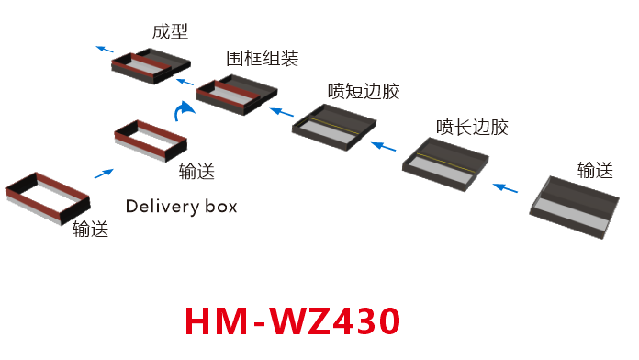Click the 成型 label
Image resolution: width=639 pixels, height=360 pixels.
pos(170,32)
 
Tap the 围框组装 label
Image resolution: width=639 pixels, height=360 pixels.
pos(262,59)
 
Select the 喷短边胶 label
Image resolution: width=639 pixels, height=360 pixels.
pos(364,92)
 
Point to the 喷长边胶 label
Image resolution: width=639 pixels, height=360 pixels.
pos(472,127)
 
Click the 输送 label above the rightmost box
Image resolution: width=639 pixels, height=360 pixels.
pos(595,170)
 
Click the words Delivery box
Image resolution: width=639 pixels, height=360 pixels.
pos(181,206)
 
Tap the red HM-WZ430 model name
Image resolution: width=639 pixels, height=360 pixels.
pos(293,321)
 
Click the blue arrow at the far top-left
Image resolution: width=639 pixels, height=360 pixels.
pos(106,48)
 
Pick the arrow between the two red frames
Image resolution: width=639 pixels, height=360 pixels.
pos(104,172)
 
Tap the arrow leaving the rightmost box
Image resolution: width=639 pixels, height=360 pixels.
pos(504,187)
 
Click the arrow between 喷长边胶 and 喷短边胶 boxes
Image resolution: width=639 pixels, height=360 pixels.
pos(385,145)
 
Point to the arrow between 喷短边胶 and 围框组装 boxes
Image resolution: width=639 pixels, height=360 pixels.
pos(276,109)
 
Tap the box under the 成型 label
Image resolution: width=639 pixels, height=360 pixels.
pos(150,67)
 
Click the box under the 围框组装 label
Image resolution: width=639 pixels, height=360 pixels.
pos(237,95)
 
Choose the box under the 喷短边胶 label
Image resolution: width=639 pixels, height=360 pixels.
pos(334,127)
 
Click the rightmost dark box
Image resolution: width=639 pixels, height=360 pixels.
pos(574,208)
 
